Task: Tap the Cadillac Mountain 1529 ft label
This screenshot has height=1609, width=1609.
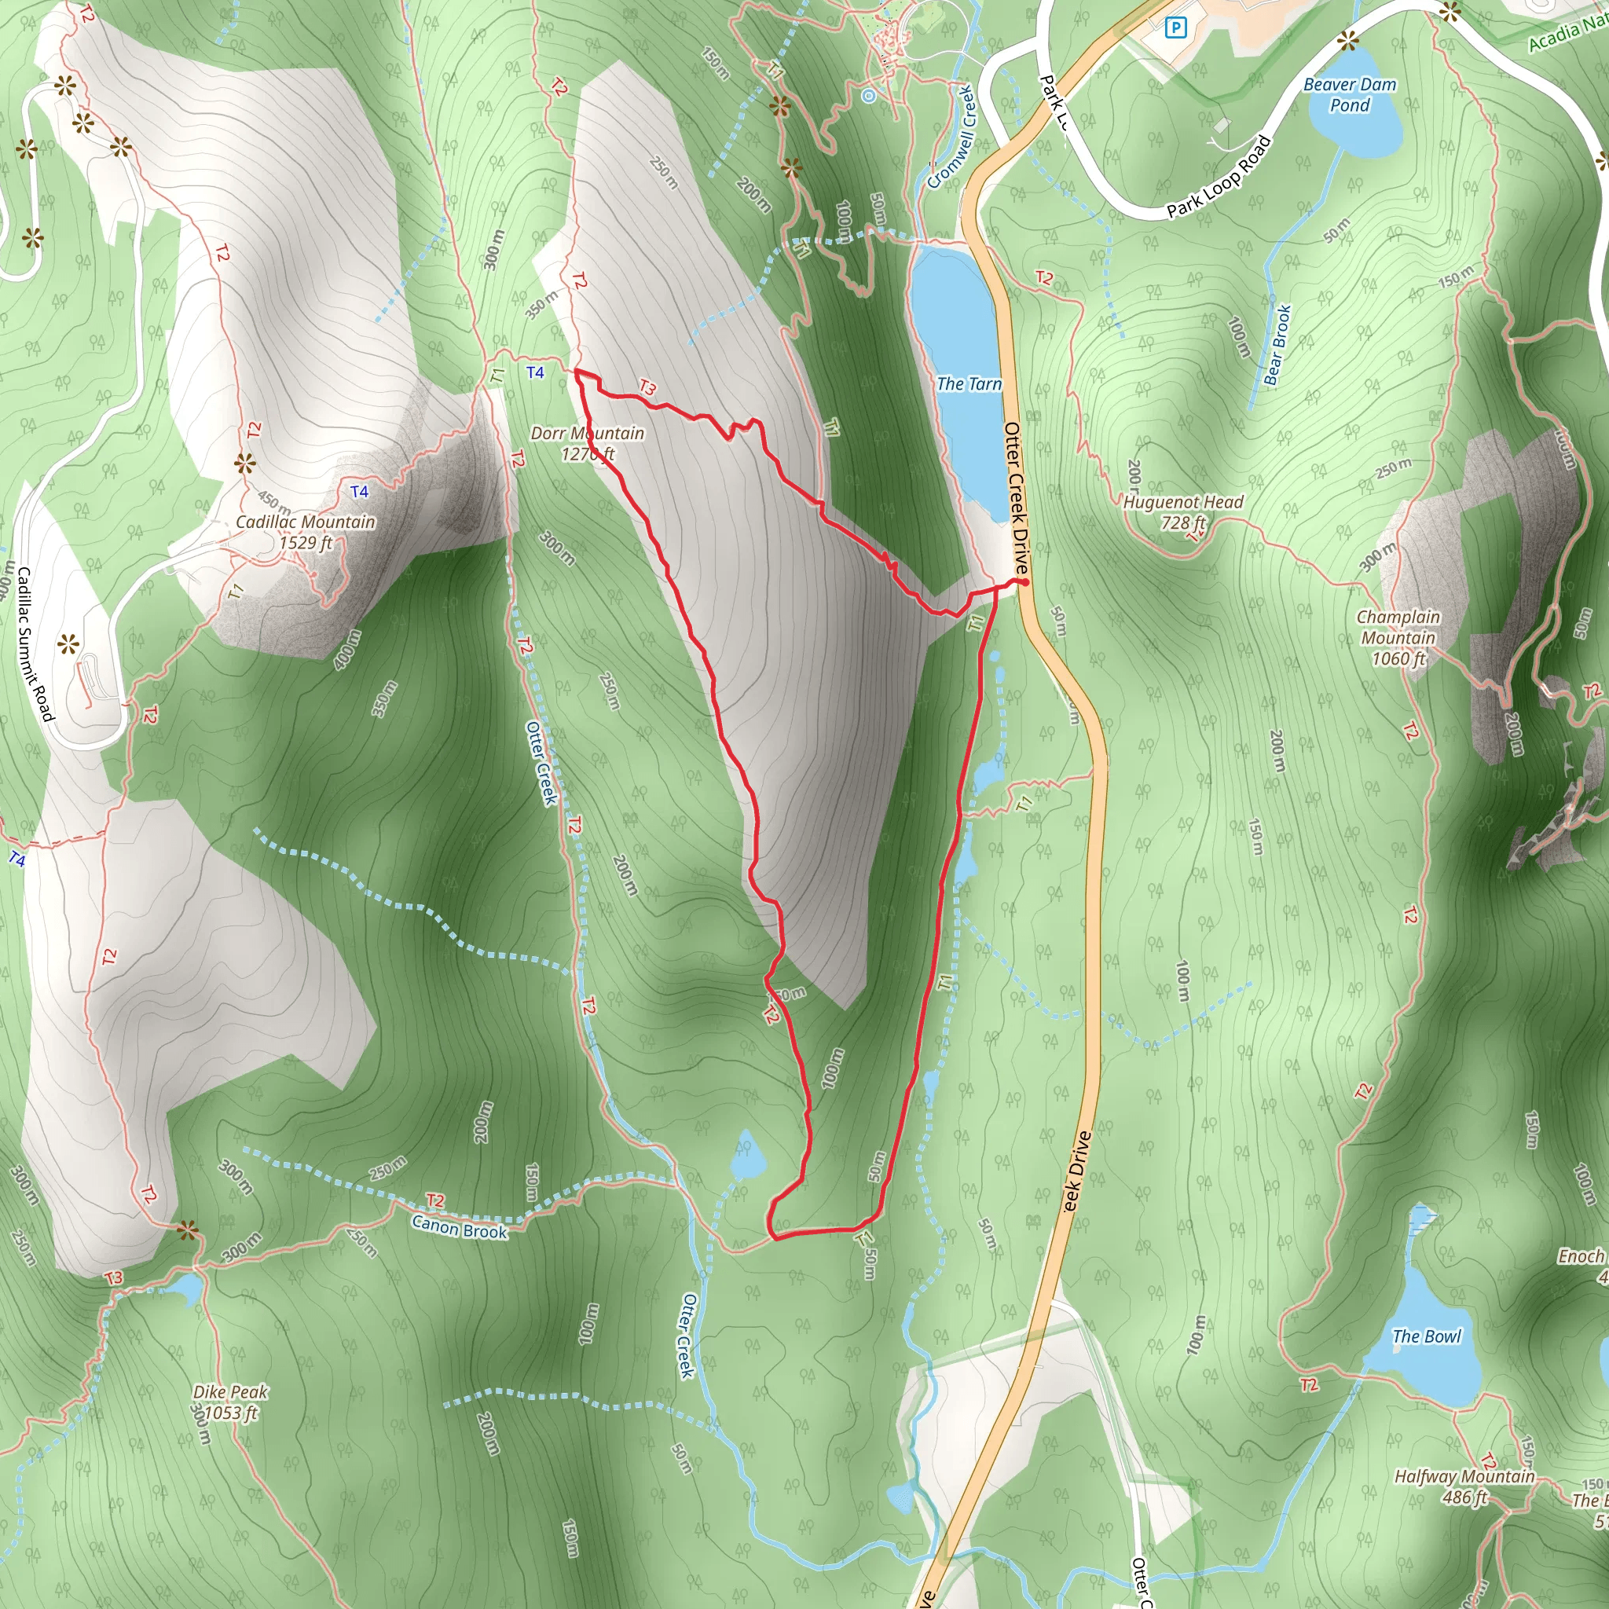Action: click(306, 532)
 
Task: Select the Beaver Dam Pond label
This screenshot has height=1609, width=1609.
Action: click(1349, 95)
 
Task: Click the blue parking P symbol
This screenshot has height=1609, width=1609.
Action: click(1175, 29)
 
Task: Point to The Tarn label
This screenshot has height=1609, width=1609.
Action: click(969, 384)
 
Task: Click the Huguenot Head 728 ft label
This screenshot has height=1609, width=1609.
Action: click(1182, 512)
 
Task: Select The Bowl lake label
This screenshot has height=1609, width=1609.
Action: click(1427, 1336)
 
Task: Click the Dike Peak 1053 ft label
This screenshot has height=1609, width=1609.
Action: click(230, 1402)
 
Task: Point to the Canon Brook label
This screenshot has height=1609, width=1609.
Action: click(459, 1230)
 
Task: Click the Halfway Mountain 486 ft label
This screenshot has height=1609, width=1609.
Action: click(1464, 1486)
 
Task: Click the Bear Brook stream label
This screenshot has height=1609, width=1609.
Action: click(1277, 346)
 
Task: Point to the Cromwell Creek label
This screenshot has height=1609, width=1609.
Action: click(951, 137)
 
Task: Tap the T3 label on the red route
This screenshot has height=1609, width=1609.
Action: click(647, 387)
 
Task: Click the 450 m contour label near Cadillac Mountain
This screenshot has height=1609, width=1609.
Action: click(274, 502)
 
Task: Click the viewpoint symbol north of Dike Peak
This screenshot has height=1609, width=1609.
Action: click(189, 1231)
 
